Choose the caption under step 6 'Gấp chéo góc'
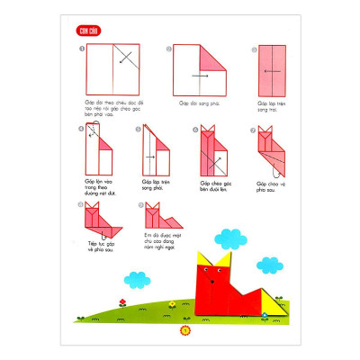[x=211, y=185]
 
